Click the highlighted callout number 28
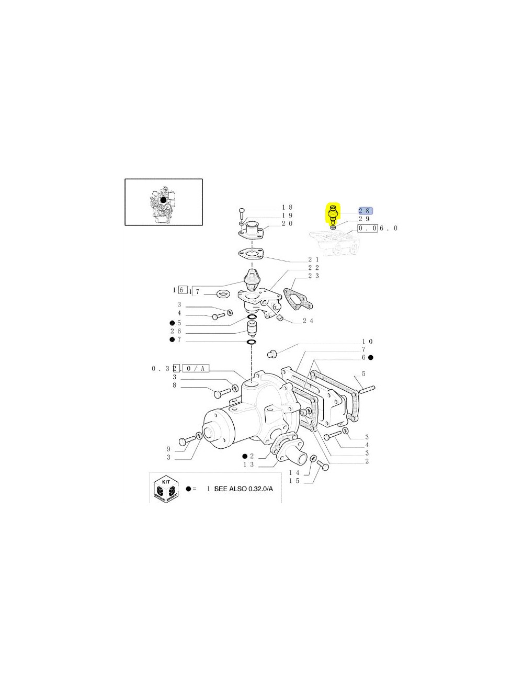[365, 210]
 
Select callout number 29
[365, 219]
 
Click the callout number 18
[287, 208]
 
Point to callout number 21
[313, 259]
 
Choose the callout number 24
[308, 321]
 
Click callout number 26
[176, 331]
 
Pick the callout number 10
[368, 342]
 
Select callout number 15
[294, 481]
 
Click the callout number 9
[168, 449]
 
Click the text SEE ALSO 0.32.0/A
[243, 489]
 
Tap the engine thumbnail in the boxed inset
[163, 202]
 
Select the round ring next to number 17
[224, 292]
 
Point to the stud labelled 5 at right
[367, 388]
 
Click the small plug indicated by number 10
[271, 354]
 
